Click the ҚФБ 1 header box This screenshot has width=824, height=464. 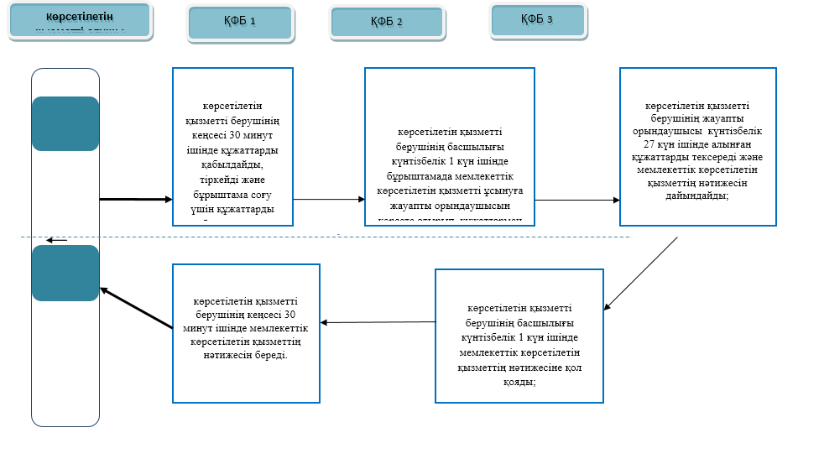pos(240,23)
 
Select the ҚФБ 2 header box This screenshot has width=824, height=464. pos(386,23)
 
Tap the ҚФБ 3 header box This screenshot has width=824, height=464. pos(537,20)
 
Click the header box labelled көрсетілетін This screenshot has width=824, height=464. pos(80,20)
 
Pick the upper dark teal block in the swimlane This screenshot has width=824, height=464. pos(65,124)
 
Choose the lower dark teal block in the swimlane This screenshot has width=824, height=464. pos(65,273)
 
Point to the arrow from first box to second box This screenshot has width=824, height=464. pos(328,200)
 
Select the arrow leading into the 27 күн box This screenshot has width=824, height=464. pos(576,201)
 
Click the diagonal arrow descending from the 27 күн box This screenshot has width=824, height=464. pos(641,273)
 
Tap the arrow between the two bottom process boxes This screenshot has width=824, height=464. pos(378,322)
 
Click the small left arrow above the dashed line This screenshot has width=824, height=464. pos(56,241)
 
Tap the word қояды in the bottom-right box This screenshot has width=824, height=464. pos(520,381)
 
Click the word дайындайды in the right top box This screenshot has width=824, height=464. pos(696,195)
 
